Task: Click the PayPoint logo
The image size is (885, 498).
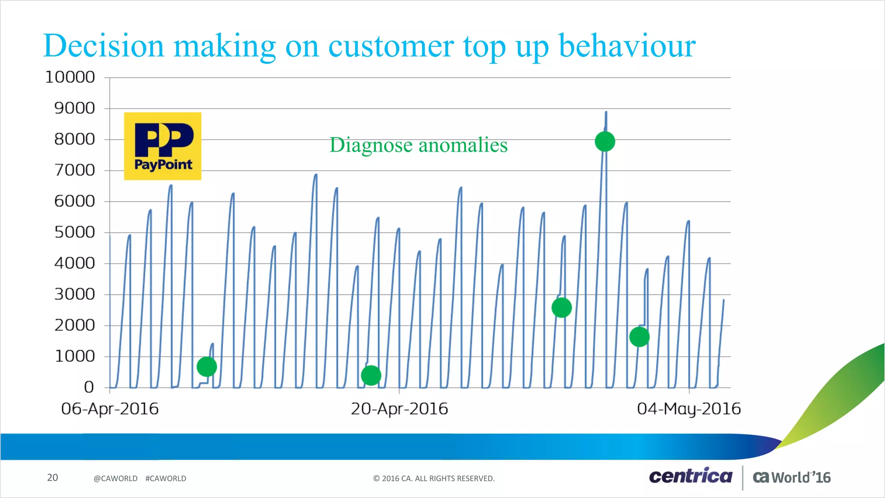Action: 162,146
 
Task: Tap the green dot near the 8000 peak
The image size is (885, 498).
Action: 605,141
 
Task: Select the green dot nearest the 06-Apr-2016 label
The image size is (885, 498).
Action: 207,367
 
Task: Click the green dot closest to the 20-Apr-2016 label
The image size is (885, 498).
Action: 371,375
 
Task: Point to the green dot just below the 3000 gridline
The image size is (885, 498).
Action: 561,308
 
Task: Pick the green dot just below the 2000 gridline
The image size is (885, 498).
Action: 639,337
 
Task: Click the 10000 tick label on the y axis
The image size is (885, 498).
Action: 70,77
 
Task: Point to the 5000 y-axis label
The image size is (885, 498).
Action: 74,233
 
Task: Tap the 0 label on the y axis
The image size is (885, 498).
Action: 89,387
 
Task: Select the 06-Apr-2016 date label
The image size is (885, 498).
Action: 110,409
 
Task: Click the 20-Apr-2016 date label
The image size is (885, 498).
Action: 399,409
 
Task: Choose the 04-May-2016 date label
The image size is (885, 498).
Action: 689,409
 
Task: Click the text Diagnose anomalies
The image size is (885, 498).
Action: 418,145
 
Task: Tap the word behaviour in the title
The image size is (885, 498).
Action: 627,45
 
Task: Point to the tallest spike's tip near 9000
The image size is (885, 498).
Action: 606,112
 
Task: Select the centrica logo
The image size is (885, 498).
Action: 691,476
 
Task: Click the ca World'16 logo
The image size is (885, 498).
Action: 792,477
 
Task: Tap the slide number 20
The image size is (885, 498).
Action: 52,478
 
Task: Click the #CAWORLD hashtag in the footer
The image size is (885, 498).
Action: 166,479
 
